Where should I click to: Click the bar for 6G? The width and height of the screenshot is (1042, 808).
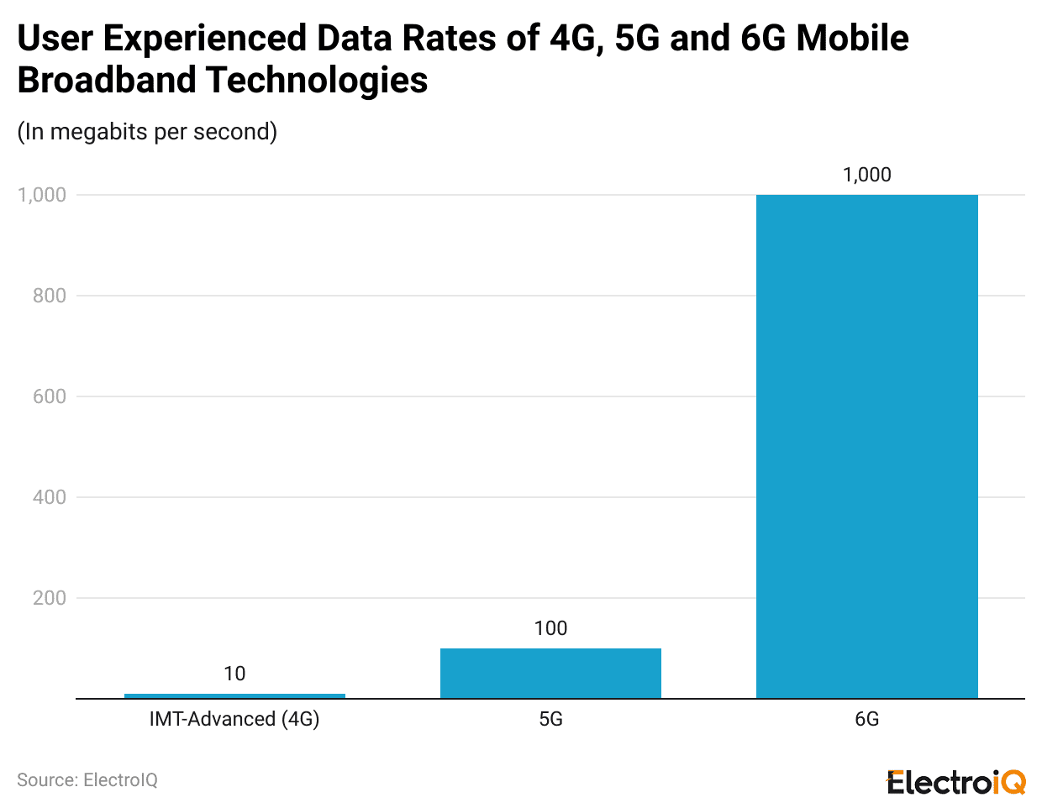coord(866,446)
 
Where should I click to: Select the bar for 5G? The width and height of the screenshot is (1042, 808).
coord(550,673)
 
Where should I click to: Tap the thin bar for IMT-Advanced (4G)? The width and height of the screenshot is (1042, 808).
coord(234,695)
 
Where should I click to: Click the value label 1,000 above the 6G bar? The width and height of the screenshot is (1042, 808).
coord(866,175)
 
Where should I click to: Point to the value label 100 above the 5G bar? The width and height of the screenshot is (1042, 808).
coord(550,628)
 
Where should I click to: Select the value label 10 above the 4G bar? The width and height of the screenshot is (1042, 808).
coord(234,674)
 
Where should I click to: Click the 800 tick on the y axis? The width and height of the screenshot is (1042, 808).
coord(50,296)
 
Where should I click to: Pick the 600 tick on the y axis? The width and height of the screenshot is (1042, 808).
coord(50,396)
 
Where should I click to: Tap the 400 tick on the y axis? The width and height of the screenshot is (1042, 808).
coord(50,497)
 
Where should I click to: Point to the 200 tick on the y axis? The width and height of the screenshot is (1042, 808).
coord(50,598)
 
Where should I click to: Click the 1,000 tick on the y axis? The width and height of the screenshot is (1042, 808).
coord(42,195)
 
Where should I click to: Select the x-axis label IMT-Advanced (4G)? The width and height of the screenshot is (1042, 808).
coord(234,719)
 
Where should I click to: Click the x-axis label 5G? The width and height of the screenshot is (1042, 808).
coord(550,719)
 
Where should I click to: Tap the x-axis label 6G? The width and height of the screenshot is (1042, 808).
coord(866,719)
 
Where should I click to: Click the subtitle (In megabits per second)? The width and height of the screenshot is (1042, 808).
coord(147,132)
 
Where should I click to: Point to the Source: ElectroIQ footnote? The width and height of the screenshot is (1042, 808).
coord(87,780)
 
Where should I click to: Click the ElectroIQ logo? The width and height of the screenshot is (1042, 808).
coord(956,782)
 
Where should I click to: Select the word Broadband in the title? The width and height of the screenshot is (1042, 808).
coord(106,81)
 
